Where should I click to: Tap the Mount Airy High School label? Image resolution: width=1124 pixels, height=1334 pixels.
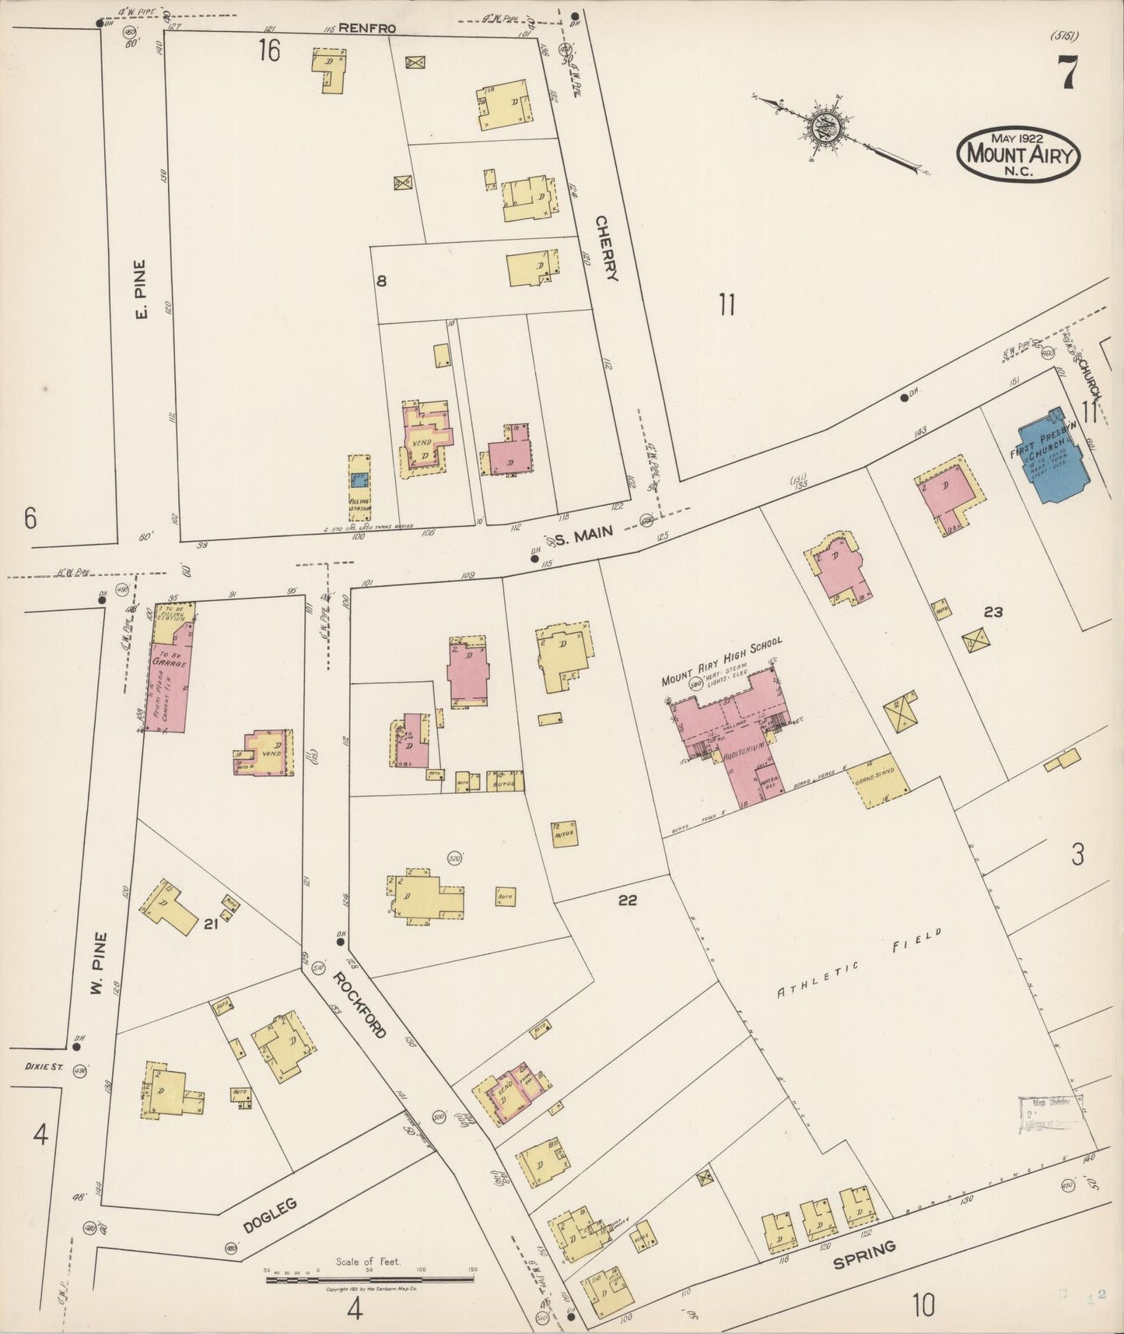coord(720,661)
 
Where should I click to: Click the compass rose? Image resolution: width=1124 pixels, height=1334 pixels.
coord(825,124)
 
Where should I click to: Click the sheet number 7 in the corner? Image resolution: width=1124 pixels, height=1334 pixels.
coord(1066,74)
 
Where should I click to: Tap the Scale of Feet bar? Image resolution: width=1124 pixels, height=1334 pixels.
coord(370,1278)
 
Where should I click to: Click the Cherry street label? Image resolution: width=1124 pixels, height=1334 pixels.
coord(606,247)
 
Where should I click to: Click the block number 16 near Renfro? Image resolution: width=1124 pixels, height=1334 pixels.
coord(269,51)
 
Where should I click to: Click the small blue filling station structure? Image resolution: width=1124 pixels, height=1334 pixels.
coord(359,480)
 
